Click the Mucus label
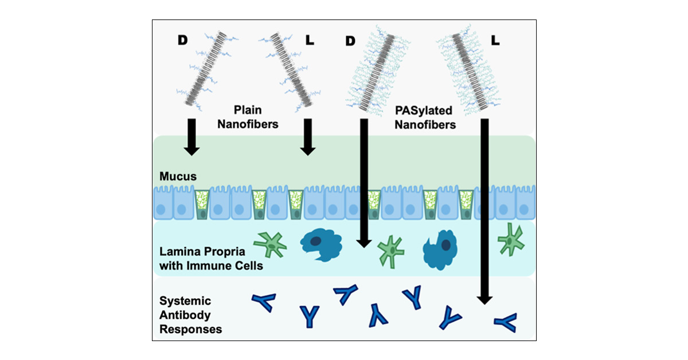click(177, 177)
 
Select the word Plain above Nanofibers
click(247, 108)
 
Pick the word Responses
click(191, 329)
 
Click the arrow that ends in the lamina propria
click(362, 183)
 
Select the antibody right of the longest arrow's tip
click(505, 322)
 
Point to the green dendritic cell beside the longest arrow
click(510, 239)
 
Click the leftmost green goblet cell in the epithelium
click(202, 205)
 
